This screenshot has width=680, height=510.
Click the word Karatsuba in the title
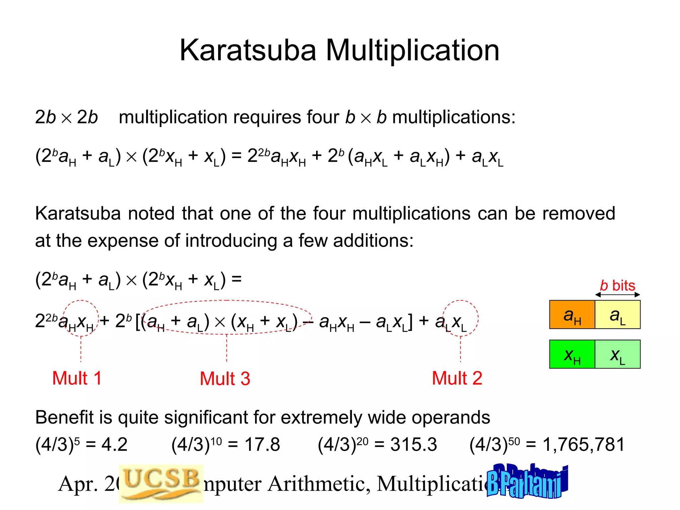248,50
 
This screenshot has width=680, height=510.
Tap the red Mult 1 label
77,378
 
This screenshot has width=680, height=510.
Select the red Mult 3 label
225,379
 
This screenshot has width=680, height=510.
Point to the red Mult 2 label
457,378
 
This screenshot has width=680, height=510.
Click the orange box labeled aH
572,315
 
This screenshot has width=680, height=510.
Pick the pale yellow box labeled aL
618,315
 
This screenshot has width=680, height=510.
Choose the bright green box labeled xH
572,354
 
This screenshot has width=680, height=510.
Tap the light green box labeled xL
618,354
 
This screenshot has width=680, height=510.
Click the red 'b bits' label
617,286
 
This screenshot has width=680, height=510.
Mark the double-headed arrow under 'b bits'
617,295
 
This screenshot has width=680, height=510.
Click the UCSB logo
161,483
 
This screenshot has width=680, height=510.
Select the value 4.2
114,445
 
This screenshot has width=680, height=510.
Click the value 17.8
262,445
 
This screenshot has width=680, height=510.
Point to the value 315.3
413,445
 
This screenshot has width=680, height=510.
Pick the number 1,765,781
583,445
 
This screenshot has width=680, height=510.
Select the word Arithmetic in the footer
319,484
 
